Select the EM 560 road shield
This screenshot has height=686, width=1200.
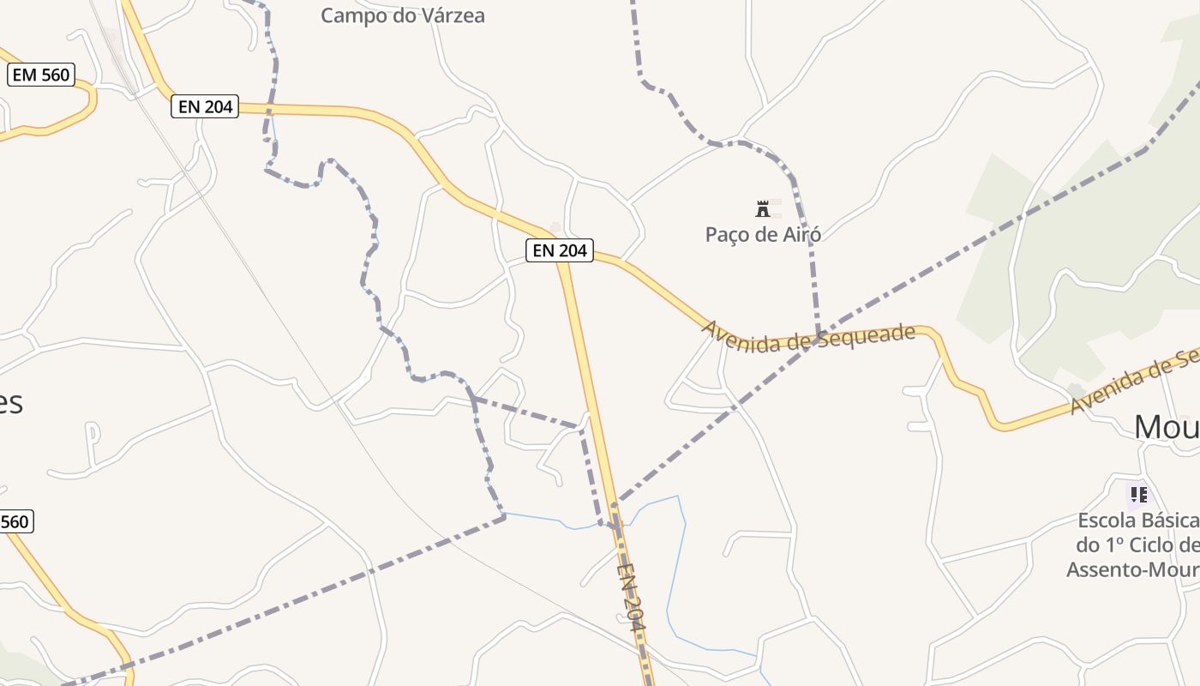pos(41,75)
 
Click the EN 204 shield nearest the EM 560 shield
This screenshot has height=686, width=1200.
pos(205,106)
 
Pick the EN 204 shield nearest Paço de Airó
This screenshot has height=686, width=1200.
pos(560,250)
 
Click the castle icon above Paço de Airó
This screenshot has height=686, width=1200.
pos(763,208)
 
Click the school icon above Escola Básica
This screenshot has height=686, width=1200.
pos(1138,495)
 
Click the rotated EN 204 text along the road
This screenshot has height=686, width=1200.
pos(630,597)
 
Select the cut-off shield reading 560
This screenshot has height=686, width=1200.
pos(15,521)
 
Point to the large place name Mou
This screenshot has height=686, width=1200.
pos(1166,426)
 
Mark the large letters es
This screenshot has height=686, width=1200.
pos(10,401)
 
